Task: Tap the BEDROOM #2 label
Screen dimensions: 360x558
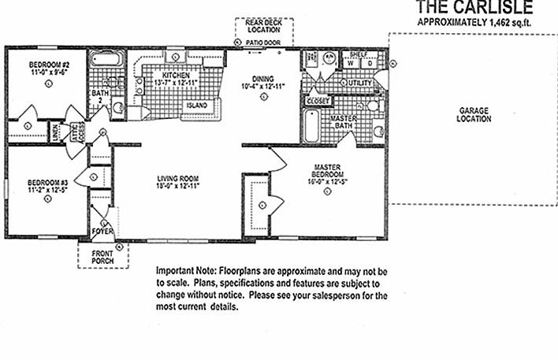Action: pyautogui.click(x=50, y=64)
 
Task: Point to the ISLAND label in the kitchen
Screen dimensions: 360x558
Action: pyautogui.click(x=196, y=105)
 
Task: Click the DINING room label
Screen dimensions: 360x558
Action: pyautogui.click(x=262, y=77)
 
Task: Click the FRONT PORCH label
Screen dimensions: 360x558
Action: pyautogui.click(x=102, y=258)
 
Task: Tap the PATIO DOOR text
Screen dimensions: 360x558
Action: pyautogui.click(x=263, y=43)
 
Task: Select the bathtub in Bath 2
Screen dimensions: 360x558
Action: pyautogui.click(x=105, y=59)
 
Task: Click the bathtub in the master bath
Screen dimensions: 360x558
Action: pyautogui.click(x=311, y=125)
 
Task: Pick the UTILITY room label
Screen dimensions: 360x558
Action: pyautogui.click(x=359, y=83)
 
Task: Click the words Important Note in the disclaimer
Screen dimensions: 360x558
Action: pyautogui.click(x=186, y=270)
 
